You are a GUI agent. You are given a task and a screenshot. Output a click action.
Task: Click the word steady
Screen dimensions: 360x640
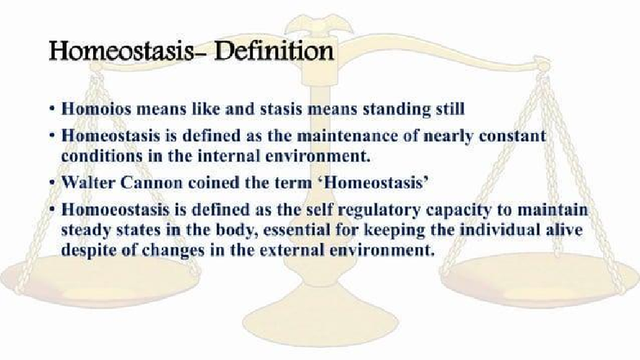[x=86, y=231]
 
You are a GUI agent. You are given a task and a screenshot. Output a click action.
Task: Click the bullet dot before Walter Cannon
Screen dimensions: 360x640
[x=51, y=180]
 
